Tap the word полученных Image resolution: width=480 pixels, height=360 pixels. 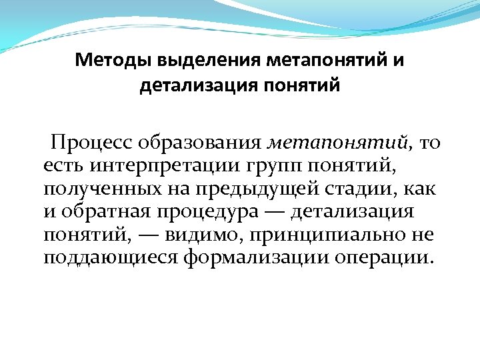coord(99,189)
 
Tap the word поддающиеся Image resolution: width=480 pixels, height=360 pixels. coord(109,259)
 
